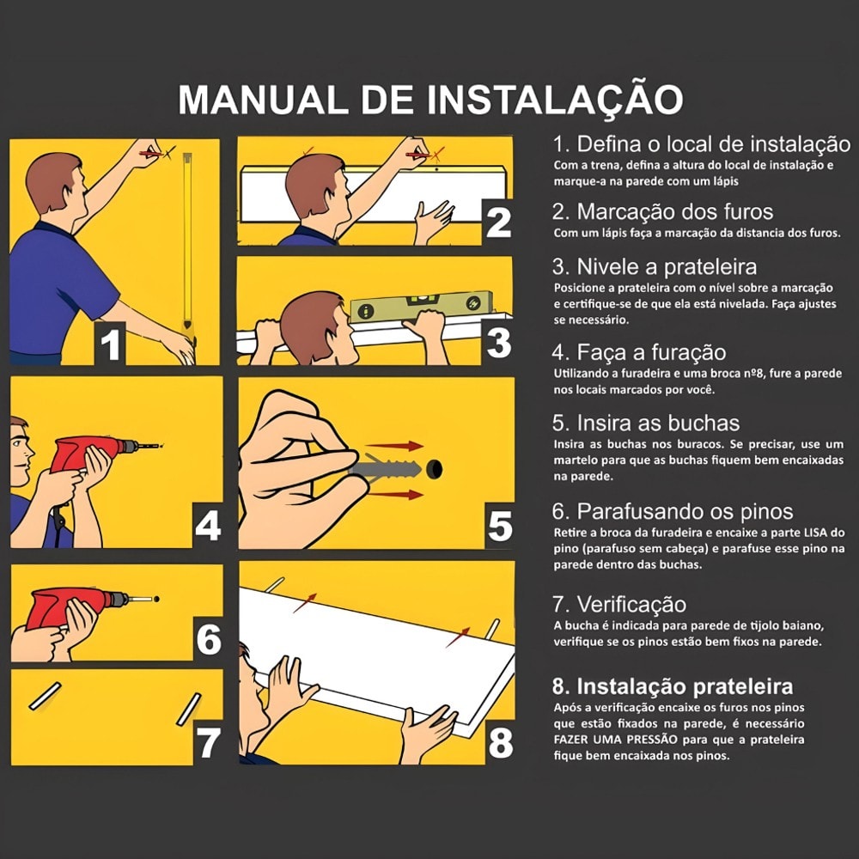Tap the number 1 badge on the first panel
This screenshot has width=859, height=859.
[x=111, y=344]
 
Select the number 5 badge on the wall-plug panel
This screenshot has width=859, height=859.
[x=498, y=527]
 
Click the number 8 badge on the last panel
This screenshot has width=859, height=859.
[x=500, y=743]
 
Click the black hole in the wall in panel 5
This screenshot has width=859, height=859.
[x=436, y=470]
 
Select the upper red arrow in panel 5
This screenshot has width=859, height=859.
[x=402, y=447]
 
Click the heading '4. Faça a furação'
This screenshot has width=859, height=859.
[x=639, y=353]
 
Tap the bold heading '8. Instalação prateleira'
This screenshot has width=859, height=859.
[x=672, y=687]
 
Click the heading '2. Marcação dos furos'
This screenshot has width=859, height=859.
[x=662, y=212]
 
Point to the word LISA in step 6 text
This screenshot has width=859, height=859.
[x=813, y=533]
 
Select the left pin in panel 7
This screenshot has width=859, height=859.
[x=46, y=697]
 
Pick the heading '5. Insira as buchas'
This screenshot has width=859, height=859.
[x=645, y=423]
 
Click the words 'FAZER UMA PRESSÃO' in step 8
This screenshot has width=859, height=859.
[x=611, y=739]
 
